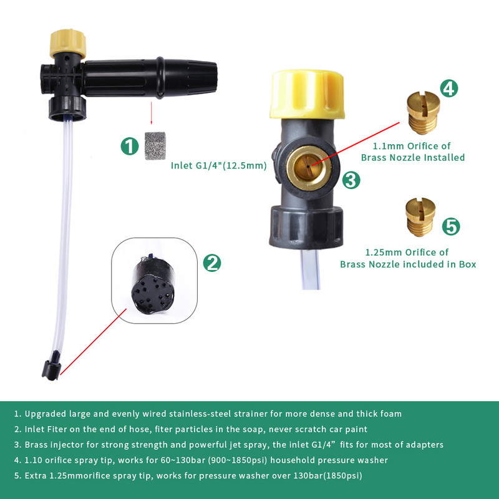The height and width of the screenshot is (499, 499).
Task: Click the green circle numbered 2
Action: (213, 263)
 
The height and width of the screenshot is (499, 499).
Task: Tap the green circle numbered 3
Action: (351, 181)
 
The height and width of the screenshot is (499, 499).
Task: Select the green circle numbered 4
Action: (448, 88)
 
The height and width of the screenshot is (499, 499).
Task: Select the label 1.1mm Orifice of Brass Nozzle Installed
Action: (422, 152)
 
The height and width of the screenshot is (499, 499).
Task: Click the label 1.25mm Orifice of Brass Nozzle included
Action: (408, 258)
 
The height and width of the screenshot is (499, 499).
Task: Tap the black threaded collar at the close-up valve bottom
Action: (304, 228)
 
